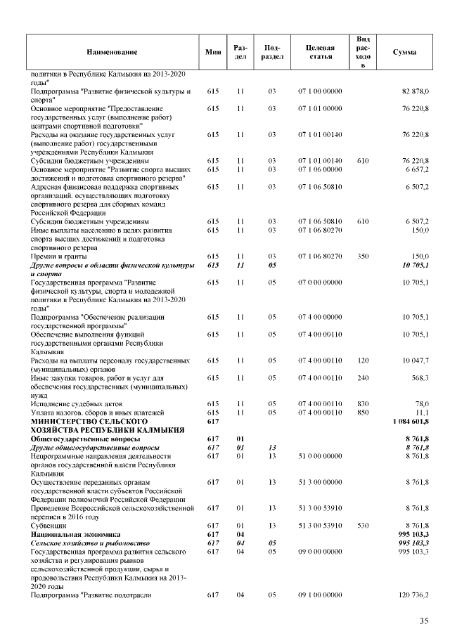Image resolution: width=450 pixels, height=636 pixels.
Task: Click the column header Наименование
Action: click(x=112, y=52)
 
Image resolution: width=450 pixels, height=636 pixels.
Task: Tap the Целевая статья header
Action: click(x=320, y=52)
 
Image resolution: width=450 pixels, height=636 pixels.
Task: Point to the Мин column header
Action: click(x=212, y=52)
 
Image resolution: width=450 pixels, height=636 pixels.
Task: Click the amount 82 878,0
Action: click(x=415, y=92)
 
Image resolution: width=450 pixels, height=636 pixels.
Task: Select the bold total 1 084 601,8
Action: click(x=410, y=421)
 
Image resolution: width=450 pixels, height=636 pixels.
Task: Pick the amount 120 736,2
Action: click(x=414, y=595)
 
